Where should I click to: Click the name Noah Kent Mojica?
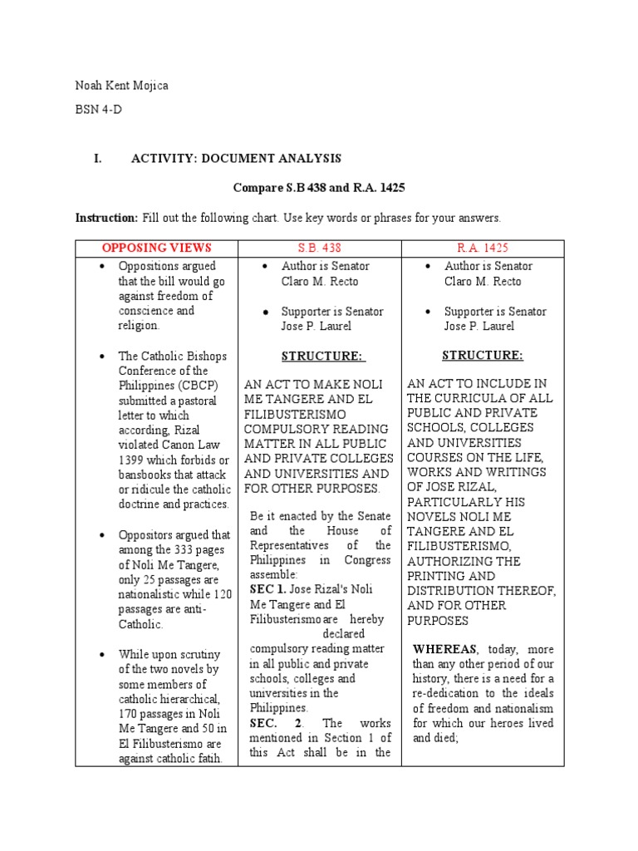click(x=121, y=86)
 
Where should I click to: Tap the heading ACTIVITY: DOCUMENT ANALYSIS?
click(x=236, y=159)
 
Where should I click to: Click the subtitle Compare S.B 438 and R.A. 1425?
click(x=319, y=188)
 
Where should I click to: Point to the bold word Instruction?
click(x=106, y=218)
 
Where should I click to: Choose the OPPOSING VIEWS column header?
click(x=156, y=248)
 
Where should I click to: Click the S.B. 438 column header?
click(x=319, y=248)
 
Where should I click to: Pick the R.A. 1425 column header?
click(x=483, y=248)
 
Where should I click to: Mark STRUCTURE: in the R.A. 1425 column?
click(x=483, y=356)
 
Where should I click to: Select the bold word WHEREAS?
click(x=445, y=648)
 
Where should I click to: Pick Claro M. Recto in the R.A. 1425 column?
click(x=483, y=282)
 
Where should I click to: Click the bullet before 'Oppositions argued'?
click(x=101, y=267)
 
